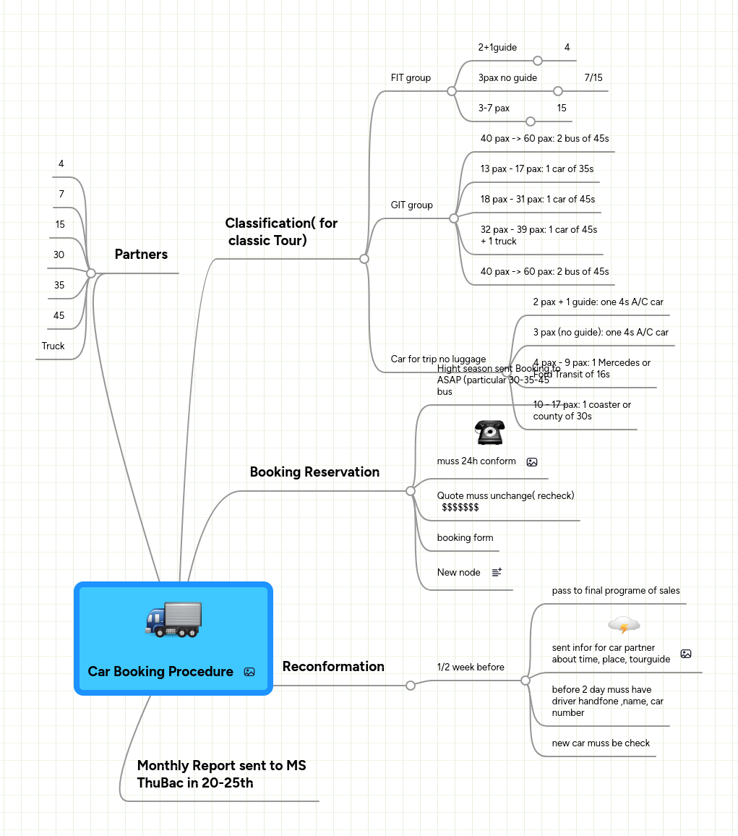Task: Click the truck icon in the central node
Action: (x=173, y=619)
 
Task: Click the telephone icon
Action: (x=489, y=432)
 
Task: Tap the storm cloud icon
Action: (x=624, y=624)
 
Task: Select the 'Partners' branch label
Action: (x=141, y=255)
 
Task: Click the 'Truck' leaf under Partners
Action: (x=53, y=346)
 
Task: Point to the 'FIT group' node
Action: (x=411, y=77)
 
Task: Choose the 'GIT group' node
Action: (x=411, y=205)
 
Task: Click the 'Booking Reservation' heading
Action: (x=314, y=472)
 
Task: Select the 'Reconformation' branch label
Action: (x=333, y=667)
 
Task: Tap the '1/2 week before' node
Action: (x=471, y=667)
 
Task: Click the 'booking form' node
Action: (x=465, y=537)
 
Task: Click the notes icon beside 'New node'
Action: (x=497, y=572)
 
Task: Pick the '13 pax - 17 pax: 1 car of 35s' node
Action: (x=536, y=169)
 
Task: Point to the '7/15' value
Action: (x=593, y=77)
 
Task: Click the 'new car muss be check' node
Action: (x=601, y=743)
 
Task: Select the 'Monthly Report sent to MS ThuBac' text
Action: (x=221, y=774)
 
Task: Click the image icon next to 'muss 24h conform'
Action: (x=532, y=461)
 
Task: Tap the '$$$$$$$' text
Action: (x=460, y=507)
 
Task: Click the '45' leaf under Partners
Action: (x=59, y=315)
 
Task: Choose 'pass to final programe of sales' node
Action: (x=616, y=590)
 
